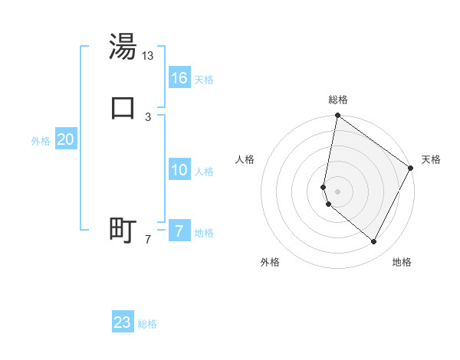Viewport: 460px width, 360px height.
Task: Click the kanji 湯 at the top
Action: (x=123, y=47)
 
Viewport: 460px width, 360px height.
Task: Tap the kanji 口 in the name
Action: (x=123, y=106)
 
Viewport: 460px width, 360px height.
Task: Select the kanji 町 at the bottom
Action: (x=123, y=230)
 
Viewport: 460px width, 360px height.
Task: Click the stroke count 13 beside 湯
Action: (x=148, y=56)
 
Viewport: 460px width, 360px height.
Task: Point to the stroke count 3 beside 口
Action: (x=148, y=116)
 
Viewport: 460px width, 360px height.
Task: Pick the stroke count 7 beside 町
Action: (x=148, y=240)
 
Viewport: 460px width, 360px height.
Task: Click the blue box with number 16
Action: (x=179, y=78)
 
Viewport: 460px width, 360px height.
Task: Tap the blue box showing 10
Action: (x=179, y=170)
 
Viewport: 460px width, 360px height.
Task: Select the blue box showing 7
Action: (x=179, y=231)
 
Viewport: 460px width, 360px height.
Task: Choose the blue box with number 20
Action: (x=66, y=139)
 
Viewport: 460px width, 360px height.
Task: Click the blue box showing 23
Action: (x=123, y=322)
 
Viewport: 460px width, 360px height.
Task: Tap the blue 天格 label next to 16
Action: (x=204, y=80)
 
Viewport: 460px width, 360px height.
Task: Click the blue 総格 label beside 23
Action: (x=147, y=324)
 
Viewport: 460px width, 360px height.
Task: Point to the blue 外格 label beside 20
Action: (x=40, y=141)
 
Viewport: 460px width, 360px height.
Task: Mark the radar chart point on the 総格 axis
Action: (x=337, y=116)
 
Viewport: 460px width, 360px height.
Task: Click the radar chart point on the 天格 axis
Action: (x=412, y=169)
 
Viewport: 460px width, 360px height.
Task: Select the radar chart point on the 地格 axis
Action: (x=374, y=242)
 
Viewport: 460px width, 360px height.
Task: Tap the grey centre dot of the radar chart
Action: (x=337, y=191)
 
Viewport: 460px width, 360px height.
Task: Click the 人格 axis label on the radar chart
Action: (x=245, y=159)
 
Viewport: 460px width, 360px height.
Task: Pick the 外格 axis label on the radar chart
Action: (x=270, y=263)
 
